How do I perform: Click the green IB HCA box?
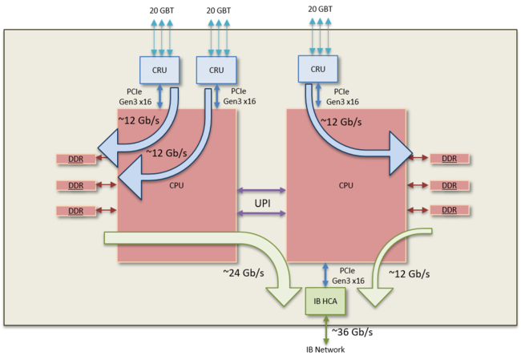[325, 301]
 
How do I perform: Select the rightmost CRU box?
[318, 69]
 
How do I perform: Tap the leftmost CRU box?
[160, 70]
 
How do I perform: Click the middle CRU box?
[216, 70]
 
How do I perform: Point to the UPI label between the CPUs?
[262, 203]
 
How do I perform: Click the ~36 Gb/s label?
[352, 332]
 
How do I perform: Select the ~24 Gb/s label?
[244, 273]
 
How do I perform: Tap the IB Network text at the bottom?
[325, 350]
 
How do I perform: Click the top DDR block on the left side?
[76, 160]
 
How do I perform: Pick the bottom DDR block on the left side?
[76, 211]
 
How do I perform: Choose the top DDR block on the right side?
[450, 159]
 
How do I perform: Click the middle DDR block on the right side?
[450, 185]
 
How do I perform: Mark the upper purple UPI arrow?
[261, 191]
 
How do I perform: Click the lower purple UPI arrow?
[261, 213]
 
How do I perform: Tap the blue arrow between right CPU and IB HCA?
[325, 275]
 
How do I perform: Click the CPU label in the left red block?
[176, 185]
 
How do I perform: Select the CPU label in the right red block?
[346, 185]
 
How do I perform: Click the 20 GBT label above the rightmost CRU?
[320, 10]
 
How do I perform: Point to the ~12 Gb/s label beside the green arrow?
[410, 273]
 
